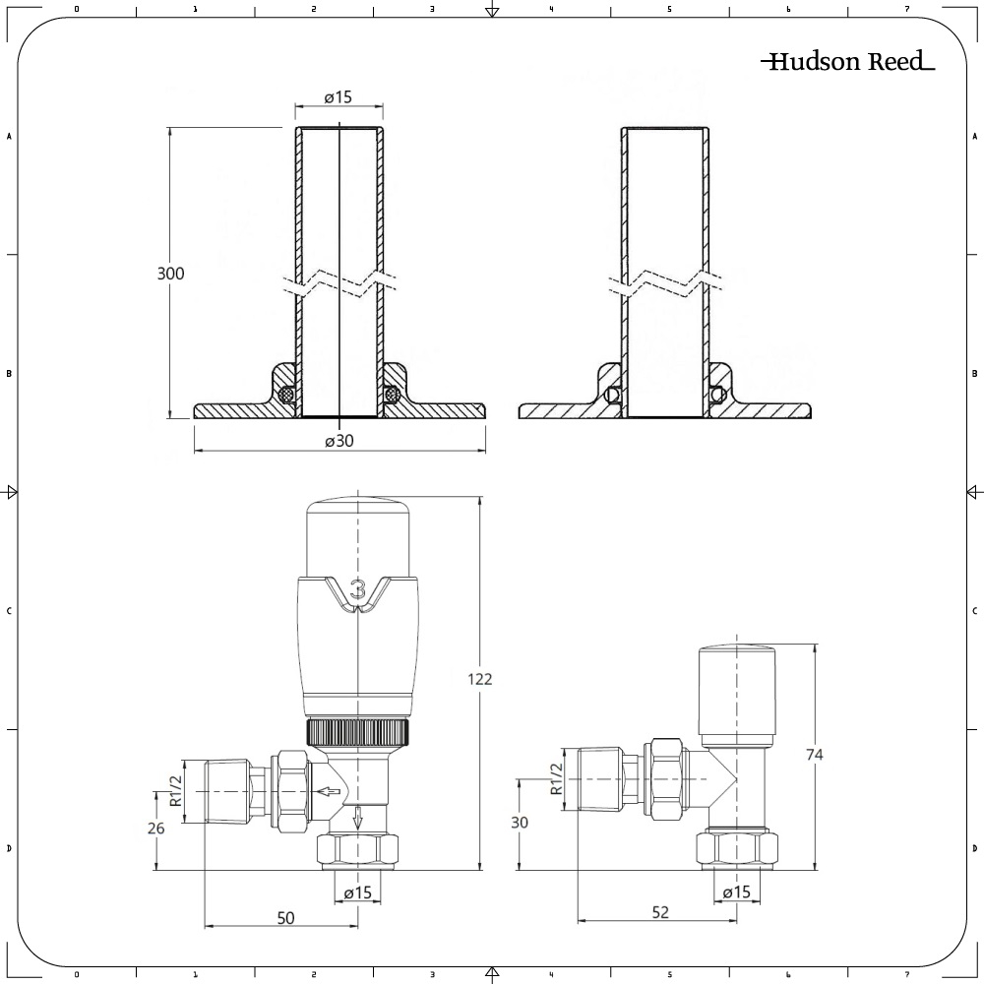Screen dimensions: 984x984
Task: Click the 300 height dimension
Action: (x=171, y=274)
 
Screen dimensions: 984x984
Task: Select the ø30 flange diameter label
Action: (x=338, y=441)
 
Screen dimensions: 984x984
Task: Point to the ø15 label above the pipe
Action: (x=338, y=97)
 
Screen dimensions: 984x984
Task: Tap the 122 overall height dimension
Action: (x=480, y=679)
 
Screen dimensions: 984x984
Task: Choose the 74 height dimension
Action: (x=814, y=755)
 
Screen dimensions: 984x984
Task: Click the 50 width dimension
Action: (x=285, y=918)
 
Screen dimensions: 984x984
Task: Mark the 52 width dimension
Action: (x=659, y=912)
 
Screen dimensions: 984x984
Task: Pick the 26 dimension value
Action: (x=155, y=828)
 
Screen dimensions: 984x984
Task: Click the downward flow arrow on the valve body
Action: (x=359, y=817)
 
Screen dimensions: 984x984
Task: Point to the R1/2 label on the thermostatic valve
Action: (x=176, y=789)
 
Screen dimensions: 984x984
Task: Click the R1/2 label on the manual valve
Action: (x=556, y=777)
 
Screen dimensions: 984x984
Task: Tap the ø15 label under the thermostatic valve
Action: (x=358, y=892)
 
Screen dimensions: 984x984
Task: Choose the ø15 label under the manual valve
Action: (x=736, y=892)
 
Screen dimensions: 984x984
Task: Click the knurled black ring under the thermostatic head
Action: (x=359, y=732)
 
